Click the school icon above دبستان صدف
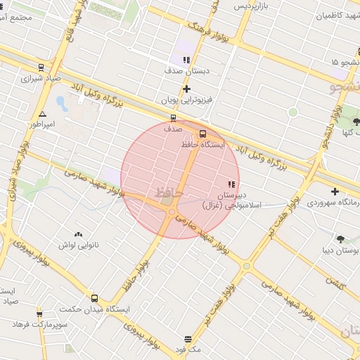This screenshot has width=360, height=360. (x=186, y=60)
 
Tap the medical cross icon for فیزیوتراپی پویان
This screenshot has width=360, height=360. (x=186, y=89)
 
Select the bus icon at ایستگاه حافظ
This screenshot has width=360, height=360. (x=202, y=133)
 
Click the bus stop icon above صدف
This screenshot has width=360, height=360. (x=174, y=118)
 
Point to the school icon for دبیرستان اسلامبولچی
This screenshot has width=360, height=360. (x=231, y=184)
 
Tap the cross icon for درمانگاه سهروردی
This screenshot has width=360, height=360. (x=335, y=191)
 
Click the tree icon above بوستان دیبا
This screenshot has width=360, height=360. (x=341, y=239)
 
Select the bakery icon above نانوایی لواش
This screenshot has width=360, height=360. (x=77, y=234)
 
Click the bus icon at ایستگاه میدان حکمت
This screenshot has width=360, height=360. (x=95, y=298)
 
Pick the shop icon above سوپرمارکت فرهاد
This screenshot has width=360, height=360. (x=39, y=314)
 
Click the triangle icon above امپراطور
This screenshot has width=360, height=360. (x=43, y=113)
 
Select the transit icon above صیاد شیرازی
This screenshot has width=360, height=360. (x=41, y=68)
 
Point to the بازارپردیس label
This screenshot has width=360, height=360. (x=252, y=6)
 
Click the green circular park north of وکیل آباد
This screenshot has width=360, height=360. (x=292, y=112)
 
